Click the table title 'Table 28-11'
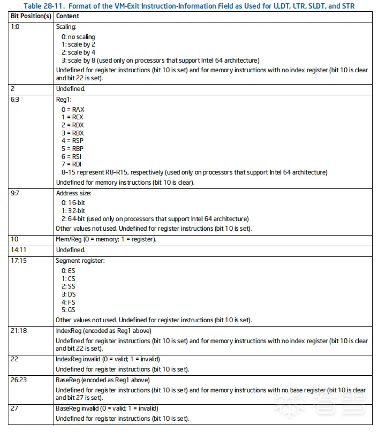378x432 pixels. (189, 5)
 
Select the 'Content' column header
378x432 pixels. (68, 16)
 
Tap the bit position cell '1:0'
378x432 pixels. (16, 26)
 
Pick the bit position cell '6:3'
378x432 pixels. (16, 100)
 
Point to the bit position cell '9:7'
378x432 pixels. (16, 193)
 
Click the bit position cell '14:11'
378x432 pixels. (19, 250)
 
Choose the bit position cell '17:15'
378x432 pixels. (19, 261)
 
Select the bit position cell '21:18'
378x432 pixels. (19, 331)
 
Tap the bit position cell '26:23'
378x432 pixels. (19, 380)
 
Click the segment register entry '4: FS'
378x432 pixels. (68, 302)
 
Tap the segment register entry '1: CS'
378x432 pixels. (68, 279)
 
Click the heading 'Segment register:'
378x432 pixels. (80, 261)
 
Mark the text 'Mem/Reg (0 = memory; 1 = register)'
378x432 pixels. (105, 239)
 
